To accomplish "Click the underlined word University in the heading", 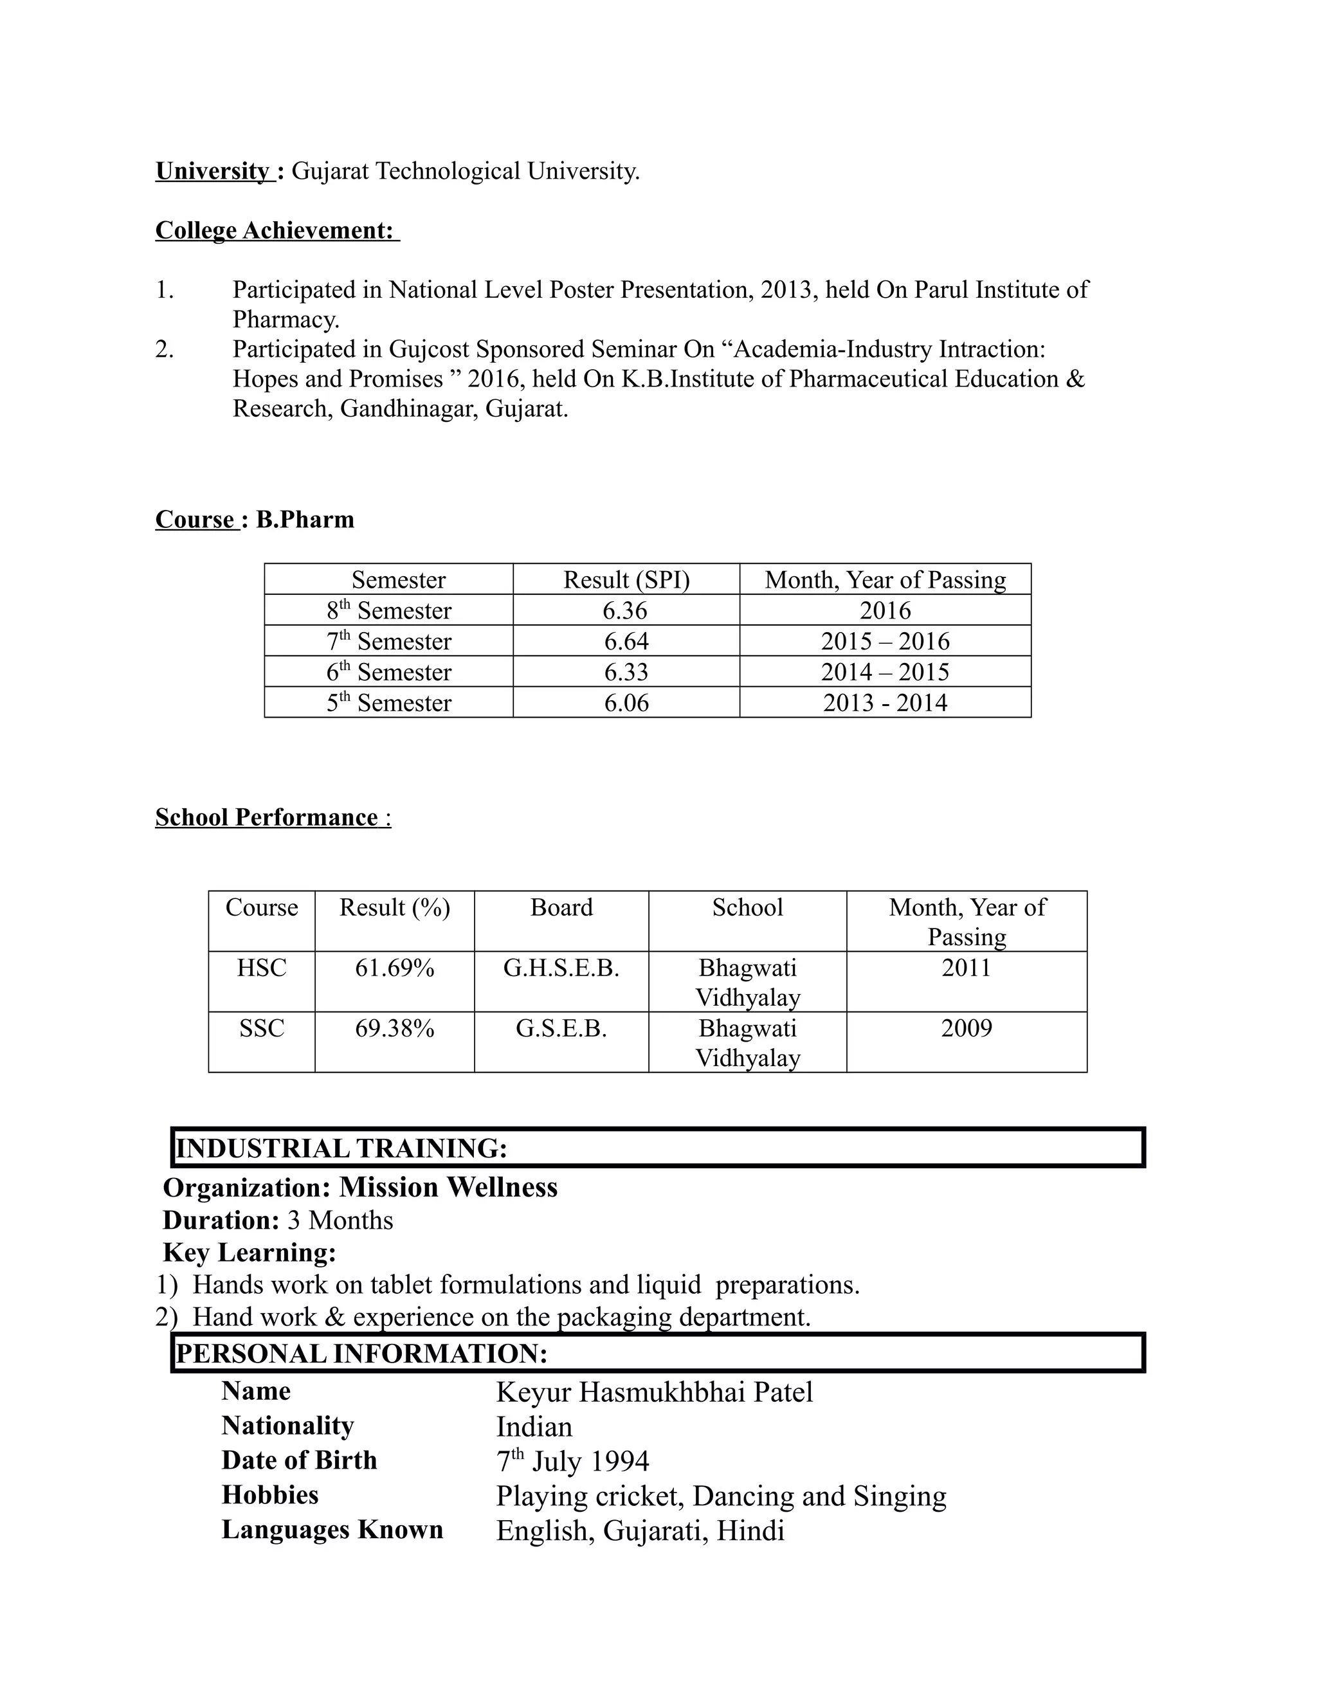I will point(212,171).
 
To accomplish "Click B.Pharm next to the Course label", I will point(305,520).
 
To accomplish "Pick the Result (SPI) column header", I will point(626,580).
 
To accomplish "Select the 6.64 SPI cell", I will point(626,641).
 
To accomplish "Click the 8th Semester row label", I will point(388,610).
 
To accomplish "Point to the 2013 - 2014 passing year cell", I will point(885,703).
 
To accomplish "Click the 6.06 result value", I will point(626,703).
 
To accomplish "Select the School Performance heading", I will point(267,818).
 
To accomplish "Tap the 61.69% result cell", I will point(394,968).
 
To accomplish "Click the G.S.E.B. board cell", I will point(561,1028).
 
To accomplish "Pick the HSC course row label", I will point(261,968).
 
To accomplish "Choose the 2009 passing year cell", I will point(966,1028).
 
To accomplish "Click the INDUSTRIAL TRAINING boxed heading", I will point(341,1148).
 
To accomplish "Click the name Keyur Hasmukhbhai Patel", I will point(654,1392).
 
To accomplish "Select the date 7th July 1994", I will point(573,1462).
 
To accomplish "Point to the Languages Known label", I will point(332,1529).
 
